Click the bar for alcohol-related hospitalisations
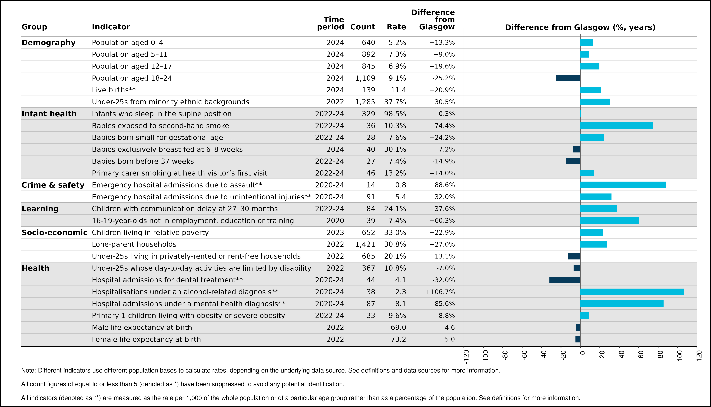(x=632, y=292)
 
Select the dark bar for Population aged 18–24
(x=568, y=78)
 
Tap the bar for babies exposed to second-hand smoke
(x=616, y=125)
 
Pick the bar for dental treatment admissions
(x=565, y=280)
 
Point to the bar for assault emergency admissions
(x=623, y=185)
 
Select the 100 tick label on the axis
(x=680, y=355)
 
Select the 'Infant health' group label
(x=49, y=114)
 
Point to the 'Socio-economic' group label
(x=54, y=233)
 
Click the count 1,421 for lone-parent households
(x=365, y=244)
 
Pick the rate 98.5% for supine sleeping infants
(x=395, y=114)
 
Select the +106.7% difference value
(x=440, y=292)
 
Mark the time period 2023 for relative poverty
(x=335, y=233)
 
